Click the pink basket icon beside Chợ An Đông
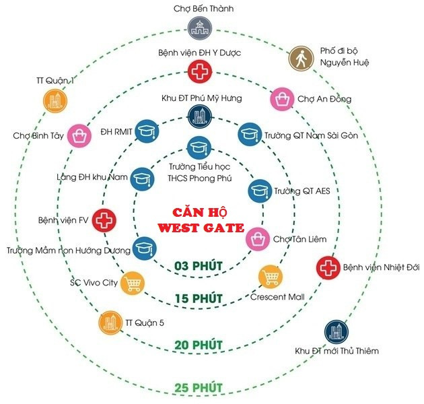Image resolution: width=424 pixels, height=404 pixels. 281,99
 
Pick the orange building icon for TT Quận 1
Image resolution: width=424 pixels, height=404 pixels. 55,101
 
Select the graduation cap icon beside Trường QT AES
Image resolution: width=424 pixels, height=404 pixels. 259,191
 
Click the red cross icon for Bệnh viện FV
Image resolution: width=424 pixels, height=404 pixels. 103,220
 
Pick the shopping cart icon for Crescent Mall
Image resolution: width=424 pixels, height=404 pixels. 271,276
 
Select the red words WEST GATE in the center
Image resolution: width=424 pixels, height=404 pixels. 200,228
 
